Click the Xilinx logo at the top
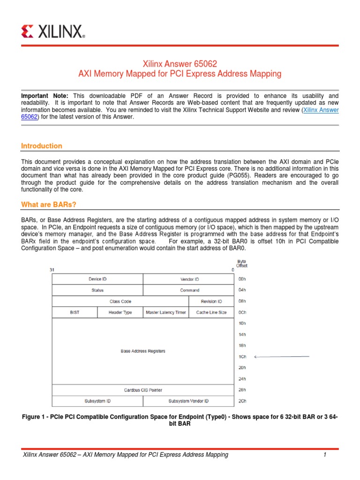tap(53, 31)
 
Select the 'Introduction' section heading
tap(42, 146)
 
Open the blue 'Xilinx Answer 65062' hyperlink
tap(321, 110)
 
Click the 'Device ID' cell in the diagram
tap(97, 279)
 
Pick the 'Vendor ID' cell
tap(190, 279)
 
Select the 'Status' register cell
tap(97, 290)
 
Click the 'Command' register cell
tap(190, 290)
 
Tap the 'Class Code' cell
tap(120, 301)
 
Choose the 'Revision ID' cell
tap(211, 301)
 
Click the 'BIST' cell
tap(75, 312)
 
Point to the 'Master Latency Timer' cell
tap(166, 312)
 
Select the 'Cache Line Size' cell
tap(211, 312)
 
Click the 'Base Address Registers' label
tap(143, 351)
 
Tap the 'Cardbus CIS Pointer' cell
tap(143, 390)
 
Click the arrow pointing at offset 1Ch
tap(281, 357)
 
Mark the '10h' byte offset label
tap(242, 323)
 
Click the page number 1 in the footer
tap(324, 455)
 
